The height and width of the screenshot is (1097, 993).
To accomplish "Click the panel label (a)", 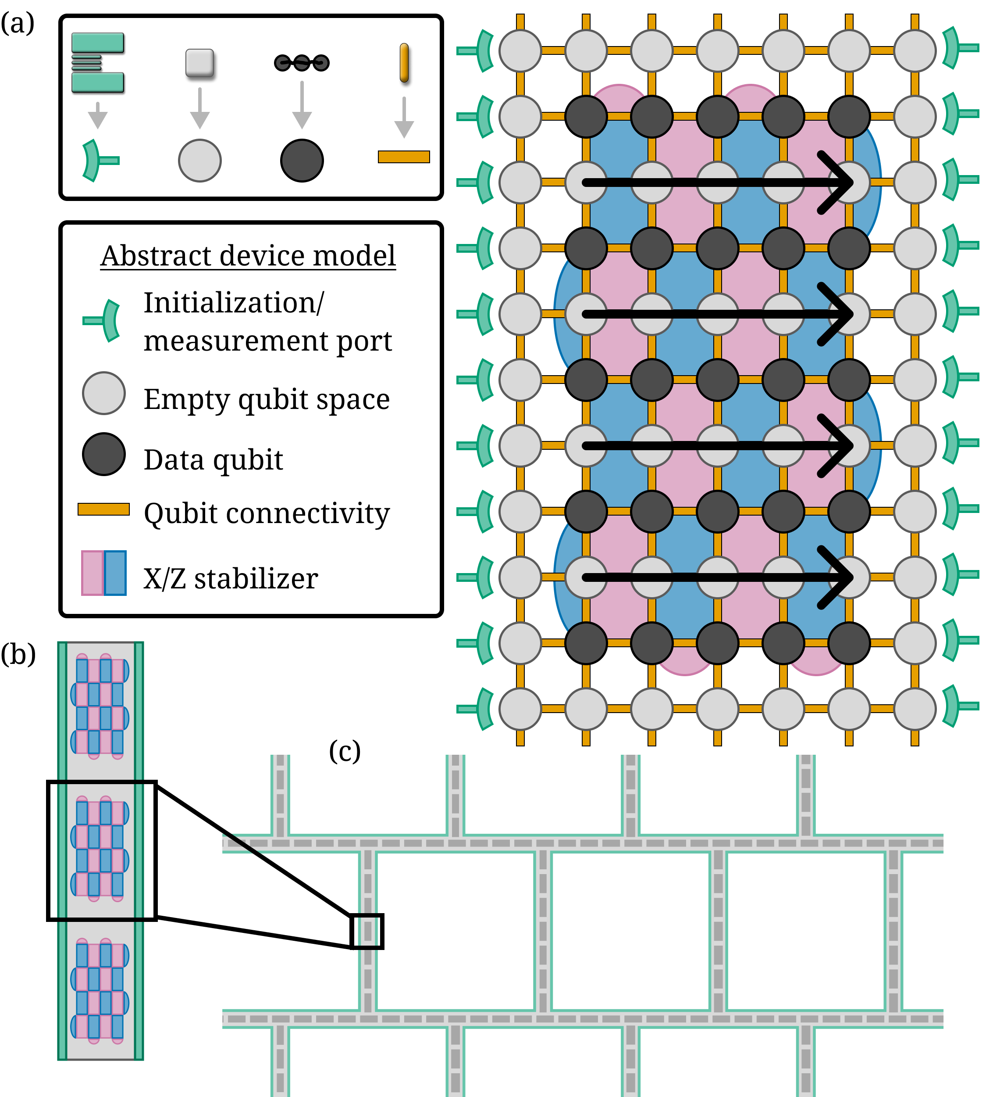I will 18,23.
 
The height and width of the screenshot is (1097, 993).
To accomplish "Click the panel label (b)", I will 18,654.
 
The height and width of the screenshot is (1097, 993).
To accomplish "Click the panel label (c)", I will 345,752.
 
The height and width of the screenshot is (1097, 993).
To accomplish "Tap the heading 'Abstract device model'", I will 248,256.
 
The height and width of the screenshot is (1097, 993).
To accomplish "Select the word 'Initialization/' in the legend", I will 234,302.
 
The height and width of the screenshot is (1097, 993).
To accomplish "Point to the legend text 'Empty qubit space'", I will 267,399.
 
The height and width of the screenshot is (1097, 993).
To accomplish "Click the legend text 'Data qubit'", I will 213,460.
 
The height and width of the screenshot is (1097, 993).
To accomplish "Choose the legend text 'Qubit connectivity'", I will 267,513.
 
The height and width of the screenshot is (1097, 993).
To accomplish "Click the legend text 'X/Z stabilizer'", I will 231,578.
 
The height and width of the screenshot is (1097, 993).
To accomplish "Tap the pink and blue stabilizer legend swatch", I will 104,573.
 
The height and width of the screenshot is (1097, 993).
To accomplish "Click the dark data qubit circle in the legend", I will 104,454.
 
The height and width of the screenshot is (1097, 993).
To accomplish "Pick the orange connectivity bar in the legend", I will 104,509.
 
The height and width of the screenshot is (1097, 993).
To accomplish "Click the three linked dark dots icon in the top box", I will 302,63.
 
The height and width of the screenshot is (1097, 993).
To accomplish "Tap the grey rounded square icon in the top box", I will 199,63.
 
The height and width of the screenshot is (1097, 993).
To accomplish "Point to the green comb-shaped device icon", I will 98,63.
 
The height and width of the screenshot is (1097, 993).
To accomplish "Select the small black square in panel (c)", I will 367,932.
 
